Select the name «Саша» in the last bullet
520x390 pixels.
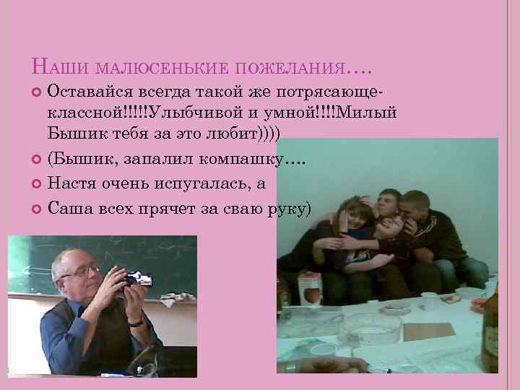pyautogui.click(x=67, y=208)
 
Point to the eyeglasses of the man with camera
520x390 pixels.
pyautogui.click(x=82, y=271)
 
